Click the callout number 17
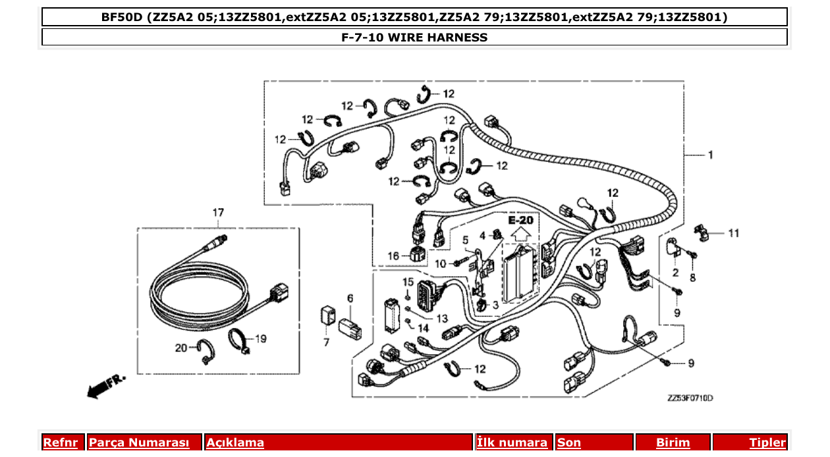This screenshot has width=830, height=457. coord(218,212)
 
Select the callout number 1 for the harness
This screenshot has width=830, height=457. coord(710,155)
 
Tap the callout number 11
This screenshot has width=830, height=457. coord(733,233)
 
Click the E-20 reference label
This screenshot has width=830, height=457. coord(520,219)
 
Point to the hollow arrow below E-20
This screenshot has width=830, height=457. coord(520,232)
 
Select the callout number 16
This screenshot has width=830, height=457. coord(393,255)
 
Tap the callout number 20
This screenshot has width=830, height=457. coord(181,348)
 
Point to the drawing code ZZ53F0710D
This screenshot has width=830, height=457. coord(690,398)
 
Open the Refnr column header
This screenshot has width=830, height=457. coord(61,443)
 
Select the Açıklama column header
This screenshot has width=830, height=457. coord(235,443)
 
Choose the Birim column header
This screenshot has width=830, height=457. coord(673,443)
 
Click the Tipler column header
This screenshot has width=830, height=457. coord(767,443)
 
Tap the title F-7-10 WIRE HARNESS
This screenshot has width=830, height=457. coord(414,38)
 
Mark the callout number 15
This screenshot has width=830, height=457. coord(408,282)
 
